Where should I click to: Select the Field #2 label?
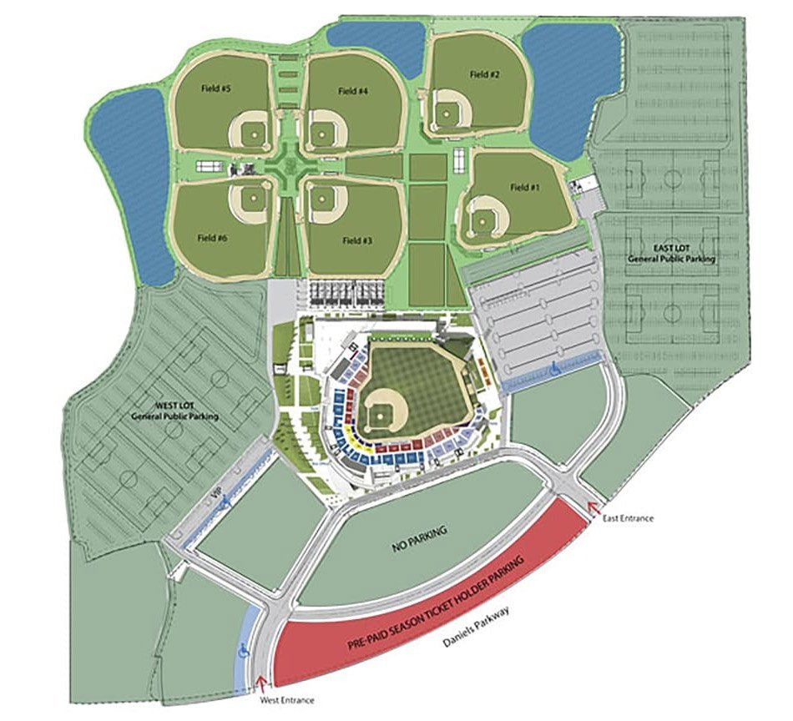pyautogui.click(x=484, y=74)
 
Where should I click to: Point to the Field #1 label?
pyautogui.click(x=524, y=188)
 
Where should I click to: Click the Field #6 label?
pyautogui.click(x=213, y=238)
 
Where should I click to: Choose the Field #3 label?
pyautogui.click(x=356, y=240)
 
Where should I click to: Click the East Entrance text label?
pyautogui.click(x=628, y=518)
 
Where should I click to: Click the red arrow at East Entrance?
pyautogui.click(x=593, y=506)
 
